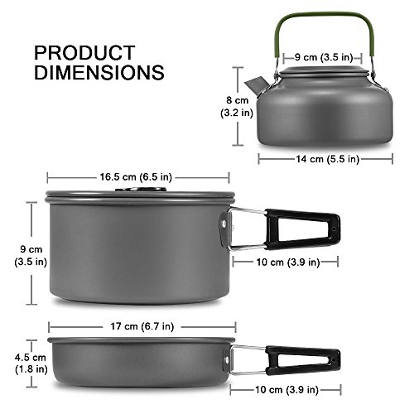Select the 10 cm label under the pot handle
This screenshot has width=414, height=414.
[285, 262]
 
